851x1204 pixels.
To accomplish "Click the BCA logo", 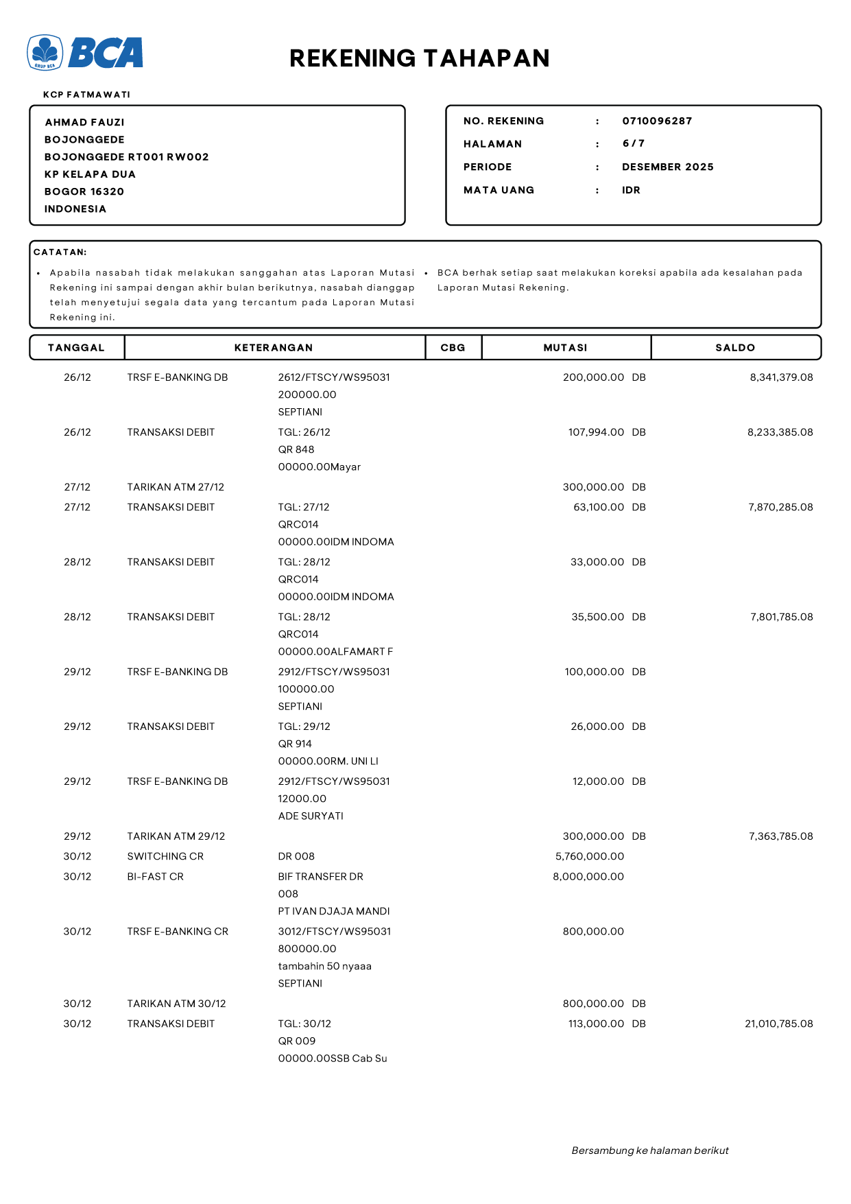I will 85,53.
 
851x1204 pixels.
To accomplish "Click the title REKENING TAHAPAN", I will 419,58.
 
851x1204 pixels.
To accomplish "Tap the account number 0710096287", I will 657,121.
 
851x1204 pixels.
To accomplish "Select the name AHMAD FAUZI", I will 84,122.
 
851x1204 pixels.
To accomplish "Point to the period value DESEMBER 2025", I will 667,167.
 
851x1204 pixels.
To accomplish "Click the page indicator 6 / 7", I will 633,143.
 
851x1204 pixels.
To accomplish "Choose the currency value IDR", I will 631,190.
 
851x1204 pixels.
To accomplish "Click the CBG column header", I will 453,348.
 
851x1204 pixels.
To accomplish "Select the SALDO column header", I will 735,348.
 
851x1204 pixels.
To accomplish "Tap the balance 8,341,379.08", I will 781,377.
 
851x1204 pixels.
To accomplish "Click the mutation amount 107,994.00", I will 596,432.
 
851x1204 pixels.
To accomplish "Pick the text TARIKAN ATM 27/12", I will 176,487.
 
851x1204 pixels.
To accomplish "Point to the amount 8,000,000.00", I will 588,877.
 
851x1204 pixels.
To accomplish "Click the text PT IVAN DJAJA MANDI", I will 334,911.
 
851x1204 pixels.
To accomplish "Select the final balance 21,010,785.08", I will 778,1024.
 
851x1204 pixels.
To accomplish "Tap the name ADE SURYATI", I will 311,816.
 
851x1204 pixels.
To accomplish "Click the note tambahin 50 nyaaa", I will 324,966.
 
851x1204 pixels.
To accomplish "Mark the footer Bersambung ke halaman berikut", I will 649,1150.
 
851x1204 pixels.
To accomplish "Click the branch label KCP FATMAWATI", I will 86,95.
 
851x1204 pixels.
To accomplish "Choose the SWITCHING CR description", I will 165,856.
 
